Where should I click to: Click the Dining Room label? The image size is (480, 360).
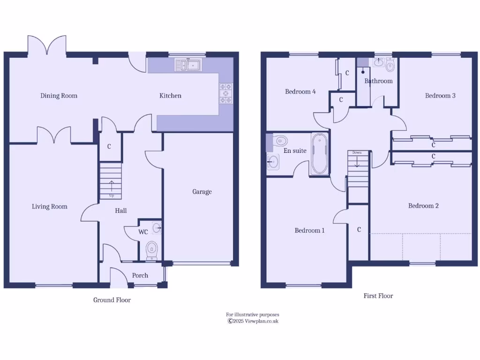pyautogui.click(x=59, y=96)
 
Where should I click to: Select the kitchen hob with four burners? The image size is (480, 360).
pyautogui.click(x=225, y=93)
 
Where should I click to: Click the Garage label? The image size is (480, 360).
pyautogui.click(x=202, y=191)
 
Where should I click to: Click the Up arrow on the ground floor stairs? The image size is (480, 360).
pyautogui.click(x=112, y=187)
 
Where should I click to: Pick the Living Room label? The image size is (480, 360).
pyautogui.click(x=50, y=206)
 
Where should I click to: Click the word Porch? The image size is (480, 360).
pyautogui.click(x=140, y=275)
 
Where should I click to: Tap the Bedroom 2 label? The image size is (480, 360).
pyautogui.click(x=423, y=206)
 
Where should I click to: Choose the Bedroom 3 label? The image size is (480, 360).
pyautogui.click(x=440, y=96)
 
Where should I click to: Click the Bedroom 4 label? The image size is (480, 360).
pyautogui.click(x=300, y=91)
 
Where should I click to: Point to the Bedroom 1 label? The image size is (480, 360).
pyautogui.click(x=309, y=230)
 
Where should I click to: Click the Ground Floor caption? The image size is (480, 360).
pyautogui.click(x=112, y=300)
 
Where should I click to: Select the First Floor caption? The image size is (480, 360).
pyautogui.click(x=378, y=296)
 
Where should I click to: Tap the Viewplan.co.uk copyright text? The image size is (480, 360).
pyautogui.click(x=253, y=321)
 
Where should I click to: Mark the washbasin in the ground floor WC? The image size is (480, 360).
pyautogui.click(x=157, y=228)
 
